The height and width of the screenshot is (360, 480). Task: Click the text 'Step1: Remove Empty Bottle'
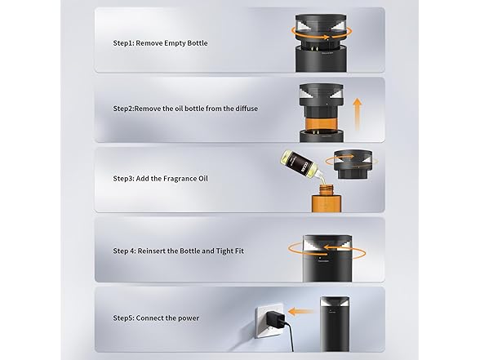(160, 43)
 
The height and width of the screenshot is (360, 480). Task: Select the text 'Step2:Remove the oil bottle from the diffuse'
(185, 109)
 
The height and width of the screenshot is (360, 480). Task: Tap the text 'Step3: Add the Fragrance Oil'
(160, 179)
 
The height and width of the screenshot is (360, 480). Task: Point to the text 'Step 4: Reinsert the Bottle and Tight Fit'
(178, 251)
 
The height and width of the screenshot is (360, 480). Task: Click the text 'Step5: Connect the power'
(156, 318)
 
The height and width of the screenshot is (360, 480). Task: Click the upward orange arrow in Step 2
(357, 114)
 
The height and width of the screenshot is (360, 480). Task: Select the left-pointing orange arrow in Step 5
(300, 312)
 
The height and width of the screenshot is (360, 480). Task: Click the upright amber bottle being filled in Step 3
(326, 198)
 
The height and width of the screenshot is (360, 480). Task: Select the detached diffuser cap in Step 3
(353, 164)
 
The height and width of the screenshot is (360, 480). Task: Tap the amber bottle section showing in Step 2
(321, 124)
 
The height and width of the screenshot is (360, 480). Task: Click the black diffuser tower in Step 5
(335, 323)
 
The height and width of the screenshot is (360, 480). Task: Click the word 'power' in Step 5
(189, 318)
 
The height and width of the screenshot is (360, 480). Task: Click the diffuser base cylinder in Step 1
(321, 59)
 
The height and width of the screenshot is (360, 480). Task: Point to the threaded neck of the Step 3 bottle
(326, 189)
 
